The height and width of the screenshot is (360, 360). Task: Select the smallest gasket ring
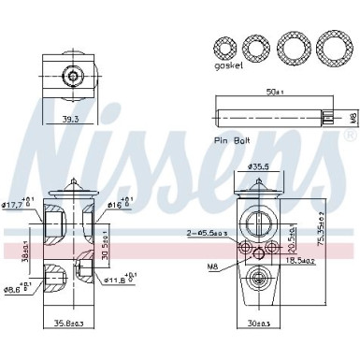(x=225, y=46)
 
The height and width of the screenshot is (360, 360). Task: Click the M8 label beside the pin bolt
(x=353, y=116)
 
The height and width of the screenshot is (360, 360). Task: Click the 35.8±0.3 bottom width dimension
(x=67, y=324)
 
